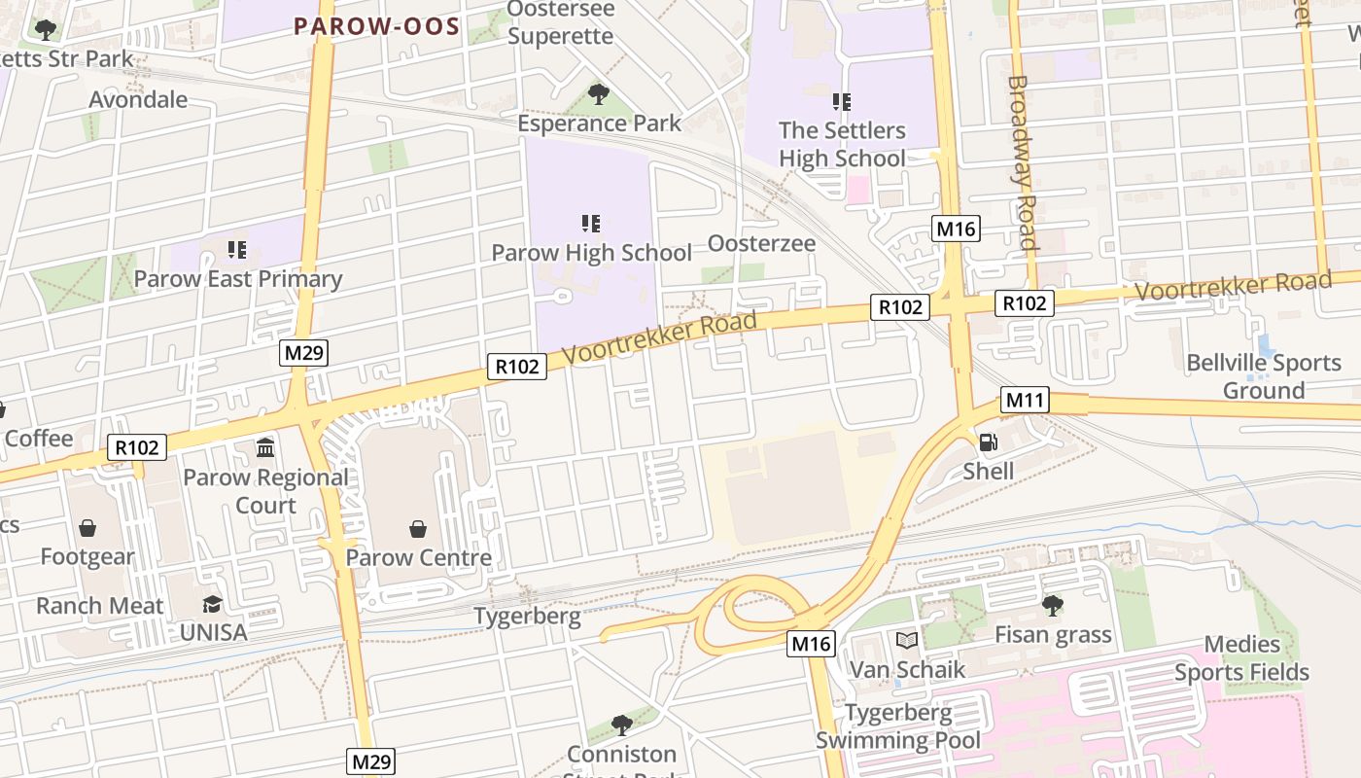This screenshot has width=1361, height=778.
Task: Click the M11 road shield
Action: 1025,400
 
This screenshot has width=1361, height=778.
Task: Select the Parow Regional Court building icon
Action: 265,447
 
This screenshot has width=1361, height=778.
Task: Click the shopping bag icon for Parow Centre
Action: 418,528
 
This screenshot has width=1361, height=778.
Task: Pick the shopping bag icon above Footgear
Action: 87,528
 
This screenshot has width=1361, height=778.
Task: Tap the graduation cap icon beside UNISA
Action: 212,605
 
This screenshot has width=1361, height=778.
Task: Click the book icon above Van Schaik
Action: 907,640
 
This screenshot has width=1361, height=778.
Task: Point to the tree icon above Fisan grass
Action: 1052,606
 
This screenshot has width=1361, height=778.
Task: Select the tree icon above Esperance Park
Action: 599,94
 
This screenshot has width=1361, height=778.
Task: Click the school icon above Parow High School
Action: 591,224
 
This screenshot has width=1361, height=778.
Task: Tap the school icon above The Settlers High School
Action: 842,101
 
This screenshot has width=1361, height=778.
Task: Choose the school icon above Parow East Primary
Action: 237,250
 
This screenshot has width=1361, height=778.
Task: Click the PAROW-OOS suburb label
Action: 377,26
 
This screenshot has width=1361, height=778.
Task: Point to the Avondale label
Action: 138,99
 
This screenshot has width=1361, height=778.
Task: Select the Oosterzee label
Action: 761,243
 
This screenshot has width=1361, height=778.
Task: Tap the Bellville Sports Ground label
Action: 1264,376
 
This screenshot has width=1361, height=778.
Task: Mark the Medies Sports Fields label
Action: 1241,658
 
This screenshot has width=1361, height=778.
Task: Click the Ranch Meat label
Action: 100,606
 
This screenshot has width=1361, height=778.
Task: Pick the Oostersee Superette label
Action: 561,22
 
